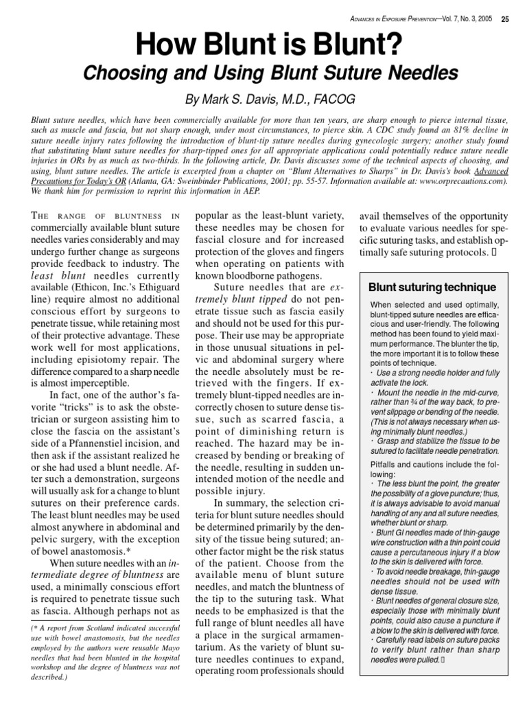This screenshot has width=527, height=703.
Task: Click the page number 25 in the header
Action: coord(504,19)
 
